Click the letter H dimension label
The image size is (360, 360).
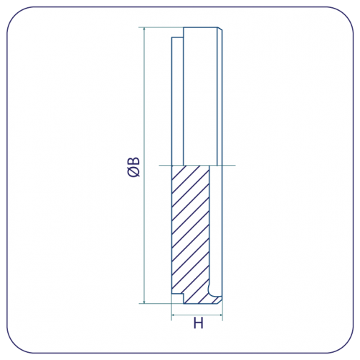pos(198,323)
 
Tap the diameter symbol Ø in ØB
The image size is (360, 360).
pos(133,172)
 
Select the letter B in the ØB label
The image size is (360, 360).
pos(134,161)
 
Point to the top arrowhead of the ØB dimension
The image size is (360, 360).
pos(144,30)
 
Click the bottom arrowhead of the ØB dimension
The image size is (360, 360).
pos(144,301)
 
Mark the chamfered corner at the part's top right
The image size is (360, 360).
pos(220,29)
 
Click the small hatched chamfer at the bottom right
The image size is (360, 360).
pos(217,300)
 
